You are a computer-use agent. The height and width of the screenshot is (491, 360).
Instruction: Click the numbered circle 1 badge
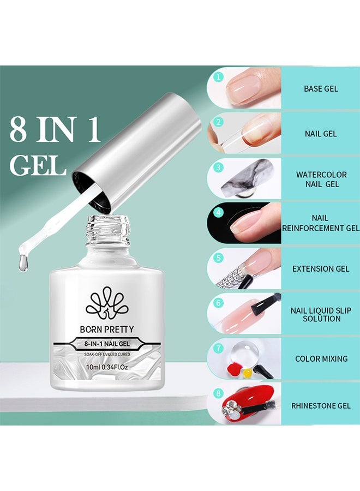coord(218,77)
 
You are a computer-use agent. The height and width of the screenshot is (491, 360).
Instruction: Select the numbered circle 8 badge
coord(218,391)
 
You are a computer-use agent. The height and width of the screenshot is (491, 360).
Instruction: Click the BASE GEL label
coord(320,88)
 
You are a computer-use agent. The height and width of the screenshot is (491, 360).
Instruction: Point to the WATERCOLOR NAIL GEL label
coord(321,179)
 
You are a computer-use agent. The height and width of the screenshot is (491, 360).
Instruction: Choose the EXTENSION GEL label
coord(321,268)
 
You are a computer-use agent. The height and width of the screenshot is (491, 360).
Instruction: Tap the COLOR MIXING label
coord(321,358)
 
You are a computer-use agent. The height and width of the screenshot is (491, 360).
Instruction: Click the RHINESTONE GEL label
coord(321,405)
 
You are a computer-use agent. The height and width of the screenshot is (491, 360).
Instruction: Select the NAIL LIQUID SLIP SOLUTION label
coord(321,314)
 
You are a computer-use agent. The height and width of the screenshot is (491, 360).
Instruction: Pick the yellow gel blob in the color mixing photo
coord(247,373)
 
